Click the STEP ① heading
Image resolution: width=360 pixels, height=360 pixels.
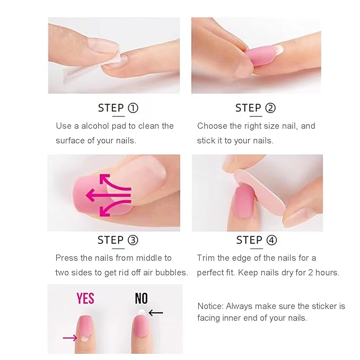click(118, 108)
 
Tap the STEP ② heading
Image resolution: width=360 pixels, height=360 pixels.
click(256, 108)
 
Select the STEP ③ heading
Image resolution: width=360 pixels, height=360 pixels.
click(118, 240)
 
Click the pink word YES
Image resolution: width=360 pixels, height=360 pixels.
click(85, 298)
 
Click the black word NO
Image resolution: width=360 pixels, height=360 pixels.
click(141, 298)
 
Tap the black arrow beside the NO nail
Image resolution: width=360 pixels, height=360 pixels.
click(155, 313)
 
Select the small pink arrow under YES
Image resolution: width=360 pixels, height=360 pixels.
click(69, 337)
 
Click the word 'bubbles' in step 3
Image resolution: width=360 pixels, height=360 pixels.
click(174, 273)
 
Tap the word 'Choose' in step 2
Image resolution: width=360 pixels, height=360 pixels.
click(212, 126)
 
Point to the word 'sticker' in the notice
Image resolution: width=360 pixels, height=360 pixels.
click(320, 306)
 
